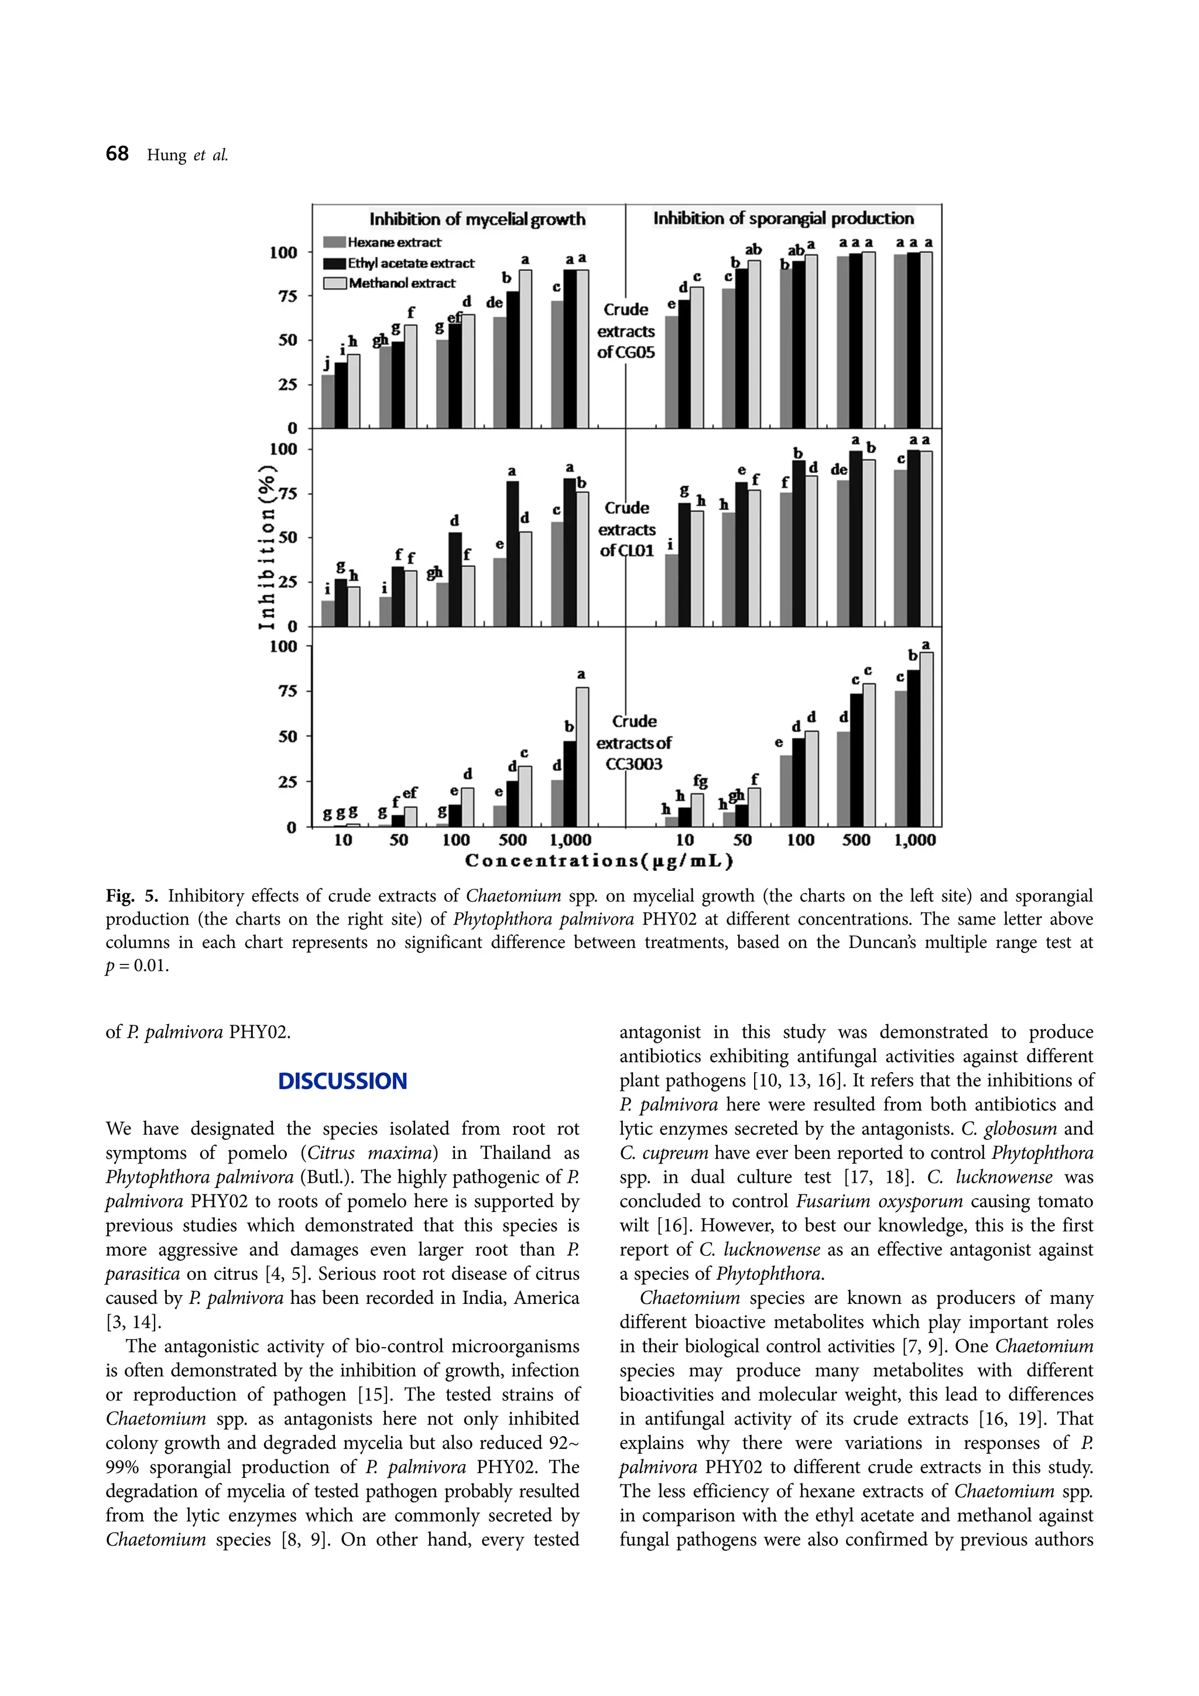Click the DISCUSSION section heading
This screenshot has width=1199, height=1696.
point(342,1082)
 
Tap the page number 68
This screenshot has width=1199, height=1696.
point(117,154)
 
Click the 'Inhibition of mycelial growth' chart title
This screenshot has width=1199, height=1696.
point(477,219)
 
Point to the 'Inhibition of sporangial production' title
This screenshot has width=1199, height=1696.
point(783,219)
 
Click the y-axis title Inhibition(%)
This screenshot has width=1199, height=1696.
point(267,547)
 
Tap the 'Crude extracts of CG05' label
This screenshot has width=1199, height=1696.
point(626,331)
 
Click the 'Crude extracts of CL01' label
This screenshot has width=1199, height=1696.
point(626,529)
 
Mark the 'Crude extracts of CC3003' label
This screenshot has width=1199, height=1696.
point(634,743)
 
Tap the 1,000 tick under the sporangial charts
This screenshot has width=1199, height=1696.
point(914,840)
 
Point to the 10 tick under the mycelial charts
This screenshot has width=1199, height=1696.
point(343,840)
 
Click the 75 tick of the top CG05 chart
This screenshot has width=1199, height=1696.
point(287,296)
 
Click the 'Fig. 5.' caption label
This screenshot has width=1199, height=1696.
point(132,896)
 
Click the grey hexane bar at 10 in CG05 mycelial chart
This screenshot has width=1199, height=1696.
point(328,402)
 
